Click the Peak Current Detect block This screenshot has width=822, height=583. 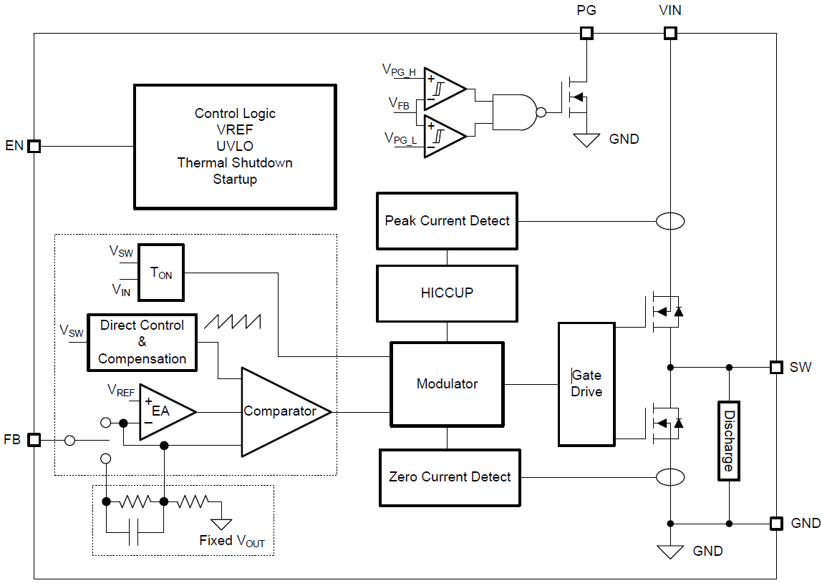[x=447, y=221]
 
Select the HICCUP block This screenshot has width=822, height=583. [x=447, y=293]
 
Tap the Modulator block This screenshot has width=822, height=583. [x=447, y=384]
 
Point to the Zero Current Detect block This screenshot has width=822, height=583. [x=450, y=477]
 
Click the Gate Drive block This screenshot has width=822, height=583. [x=586, y=384]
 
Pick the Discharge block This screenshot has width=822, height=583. [x=728, y=441]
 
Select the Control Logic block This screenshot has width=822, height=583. [x=235, y=147]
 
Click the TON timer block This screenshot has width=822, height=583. [x=161, y=273]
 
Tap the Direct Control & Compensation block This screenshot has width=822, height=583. [x=142, y=343]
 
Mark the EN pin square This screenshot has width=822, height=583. [x=34, y=146]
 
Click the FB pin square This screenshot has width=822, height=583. [x=34, y=440]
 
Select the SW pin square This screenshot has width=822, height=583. [x=776, y=367]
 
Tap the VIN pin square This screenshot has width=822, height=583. [x=670, y=33]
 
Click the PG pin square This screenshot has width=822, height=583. [x=586, y=33]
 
